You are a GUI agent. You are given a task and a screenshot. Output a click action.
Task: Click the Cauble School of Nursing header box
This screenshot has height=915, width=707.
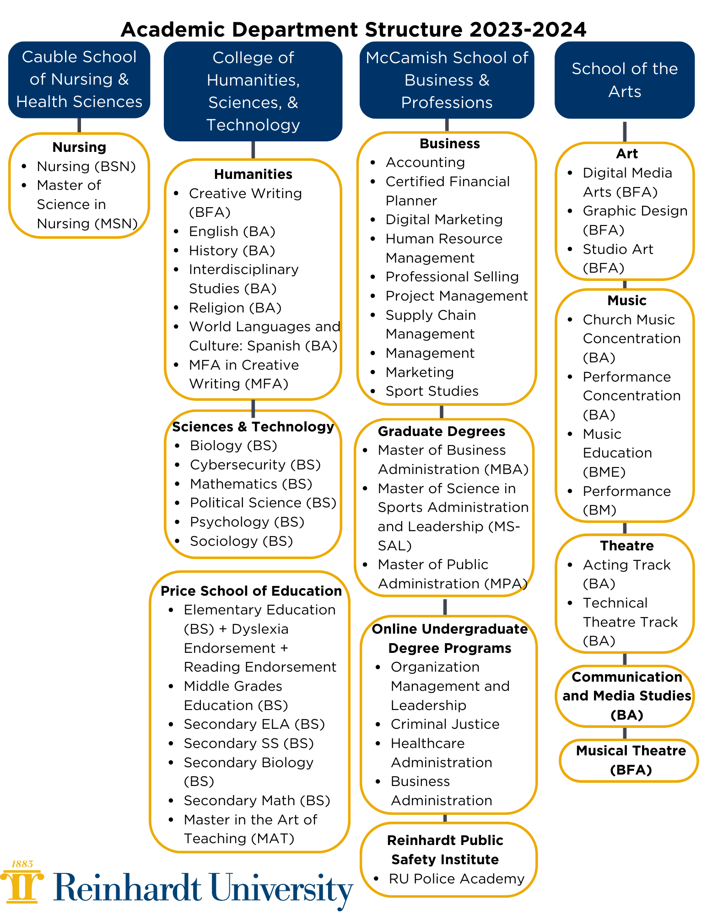[x=79, y=80]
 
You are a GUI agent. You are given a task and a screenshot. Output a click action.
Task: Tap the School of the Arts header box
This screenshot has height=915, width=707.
[x=624, y=80]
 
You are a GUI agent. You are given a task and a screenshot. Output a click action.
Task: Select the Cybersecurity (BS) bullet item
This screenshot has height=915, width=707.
[x=255, y=464]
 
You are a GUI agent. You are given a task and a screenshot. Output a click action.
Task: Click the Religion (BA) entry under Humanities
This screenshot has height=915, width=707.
[x=235, y=307]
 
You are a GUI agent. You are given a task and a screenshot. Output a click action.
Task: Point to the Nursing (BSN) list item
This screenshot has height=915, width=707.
[x=86, y=166]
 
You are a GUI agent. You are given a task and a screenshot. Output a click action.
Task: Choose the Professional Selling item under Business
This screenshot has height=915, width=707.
[x=452, y=277]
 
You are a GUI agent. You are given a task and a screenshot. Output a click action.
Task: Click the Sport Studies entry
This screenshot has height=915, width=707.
[x=432, y=391]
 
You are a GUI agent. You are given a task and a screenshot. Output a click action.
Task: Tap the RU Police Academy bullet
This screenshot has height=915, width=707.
[x=456, y=878]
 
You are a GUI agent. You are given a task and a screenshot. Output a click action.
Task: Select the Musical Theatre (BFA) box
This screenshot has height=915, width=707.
[x=630, y=760]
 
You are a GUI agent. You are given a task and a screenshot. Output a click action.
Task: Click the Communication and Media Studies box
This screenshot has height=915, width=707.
[x=626, y=695]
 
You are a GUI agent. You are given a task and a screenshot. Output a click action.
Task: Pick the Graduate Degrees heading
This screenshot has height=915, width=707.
[x=441, y=431]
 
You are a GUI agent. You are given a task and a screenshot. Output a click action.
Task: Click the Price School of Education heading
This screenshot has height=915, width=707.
[x=251, y=591]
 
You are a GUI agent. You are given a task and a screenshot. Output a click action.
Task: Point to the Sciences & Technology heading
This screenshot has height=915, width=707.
[x=253, y=427]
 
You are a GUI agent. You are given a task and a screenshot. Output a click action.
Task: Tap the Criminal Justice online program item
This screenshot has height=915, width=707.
[x=445, y=724]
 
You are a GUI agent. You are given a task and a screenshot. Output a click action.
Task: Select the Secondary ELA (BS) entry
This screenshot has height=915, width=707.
[x=254, y=724]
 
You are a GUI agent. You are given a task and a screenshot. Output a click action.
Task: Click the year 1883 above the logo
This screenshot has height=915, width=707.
[x=22, y=864]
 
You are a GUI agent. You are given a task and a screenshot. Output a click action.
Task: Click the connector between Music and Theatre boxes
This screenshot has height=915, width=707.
[x=625, y=528]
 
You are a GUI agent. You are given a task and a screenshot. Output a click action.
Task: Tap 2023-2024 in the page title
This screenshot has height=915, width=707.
[x=527, y=30]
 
